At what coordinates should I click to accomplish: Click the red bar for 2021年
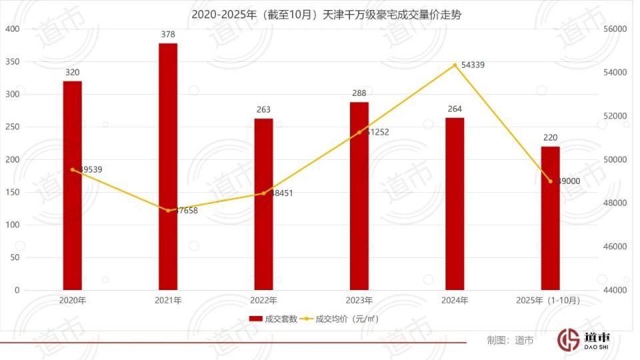point(168,167)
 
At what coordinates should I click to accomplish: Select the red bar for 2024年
point(455,204)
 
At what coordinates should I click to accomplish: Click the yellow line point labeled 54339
point(455,65)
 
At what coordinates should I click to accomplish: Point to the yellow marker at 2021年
point(168,211)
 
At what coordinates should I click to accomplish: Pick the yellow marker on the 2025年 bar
point(550,181)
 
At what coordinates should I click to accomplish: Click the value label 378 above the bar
point(168,34)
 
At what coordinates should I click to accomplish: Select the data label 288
point(359,93)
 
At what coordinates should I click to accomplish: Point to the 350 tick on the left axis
point(13,62)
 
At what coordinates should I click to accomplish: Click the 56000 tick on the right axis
point(615,29)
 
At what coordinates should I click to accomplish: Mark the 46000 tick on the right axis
point(615,247)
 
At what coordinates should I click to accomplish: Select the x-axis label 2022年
point(263,301)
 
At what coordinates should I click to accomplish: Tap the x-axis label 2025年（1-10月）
point(548,301)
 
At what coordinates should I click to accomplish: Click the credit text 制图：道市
point(510,340)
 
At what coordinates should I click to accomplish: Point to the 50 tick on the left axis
point(15,257)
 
